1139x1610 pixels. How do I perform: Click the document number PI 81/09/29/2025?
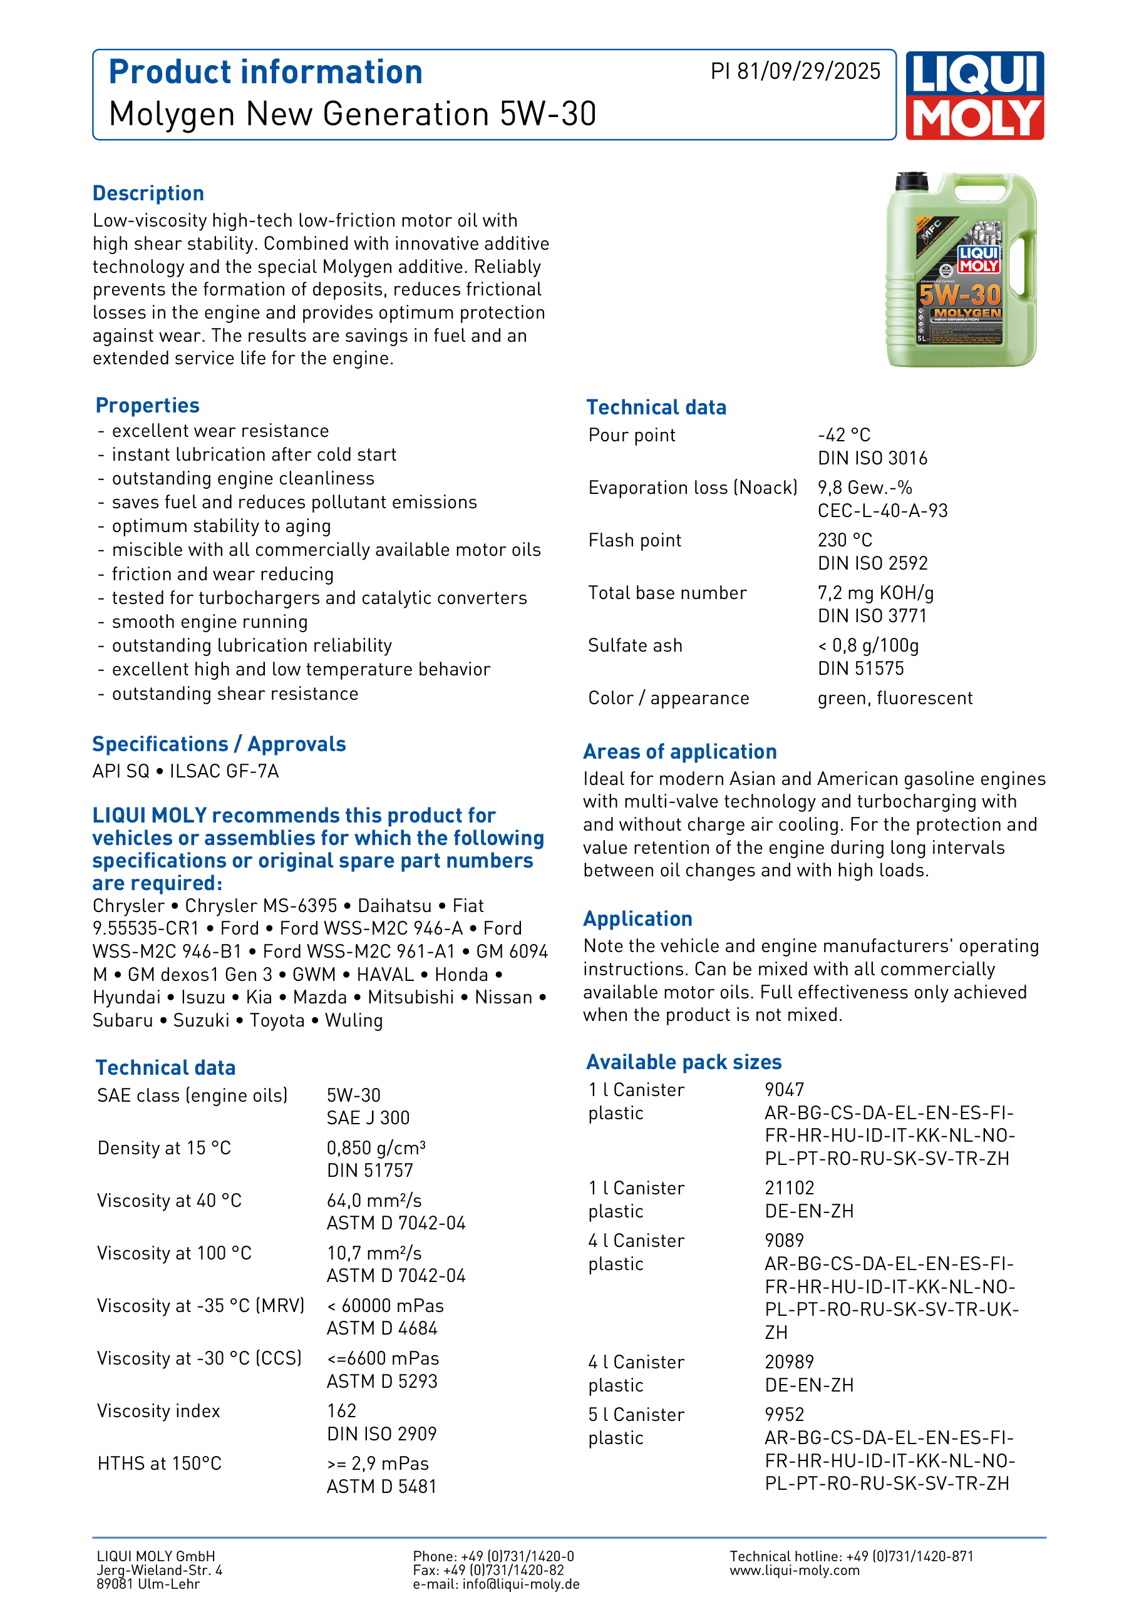click(x=795, y=71)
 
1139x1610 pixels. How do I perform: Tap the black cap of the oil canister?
click(x=912, y=182)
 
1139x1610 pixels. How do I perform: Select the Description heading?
click(x=148, y=193)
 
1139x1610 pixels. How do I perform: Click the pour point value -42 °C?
click(x=843, y=436)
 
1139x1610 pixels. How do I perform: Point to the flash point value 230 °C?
click(x=845, y=541)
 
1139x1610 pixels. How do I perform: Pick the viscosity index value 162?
click(x=341, y=1411)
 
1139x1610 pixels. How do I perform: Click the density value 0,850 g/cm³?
click(x=376, y=1148)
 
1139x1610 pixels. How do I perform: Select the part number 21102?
click(x=789, y=1188)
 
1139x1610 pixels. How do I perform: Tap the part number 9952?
click(x=784, y=1414)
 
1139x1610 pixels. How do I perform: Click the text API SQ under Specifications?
click(x=121, y=771)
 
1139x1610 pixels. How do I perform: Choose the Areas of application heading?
click(x=679, y=752)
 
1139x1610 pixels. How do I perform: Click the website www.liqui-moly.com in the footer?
click(x=794, y=1570)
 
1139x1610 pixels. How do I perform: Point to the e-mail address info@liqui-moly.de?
click(x=520, y=1584)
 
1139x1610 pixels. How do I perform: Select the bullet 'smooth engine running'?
click(x=210, y=622)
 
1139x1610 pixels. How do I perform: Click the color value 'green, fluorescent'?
click(x=895, y=699)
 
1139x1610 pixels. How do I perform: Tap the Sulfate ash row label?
click(x=635, y=646)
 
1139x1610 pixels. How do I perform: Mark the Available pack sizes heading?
click(x=684, y=1062)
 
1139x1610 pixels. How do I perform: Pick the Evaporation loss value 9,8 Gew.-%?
click(x=864, y=488)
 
